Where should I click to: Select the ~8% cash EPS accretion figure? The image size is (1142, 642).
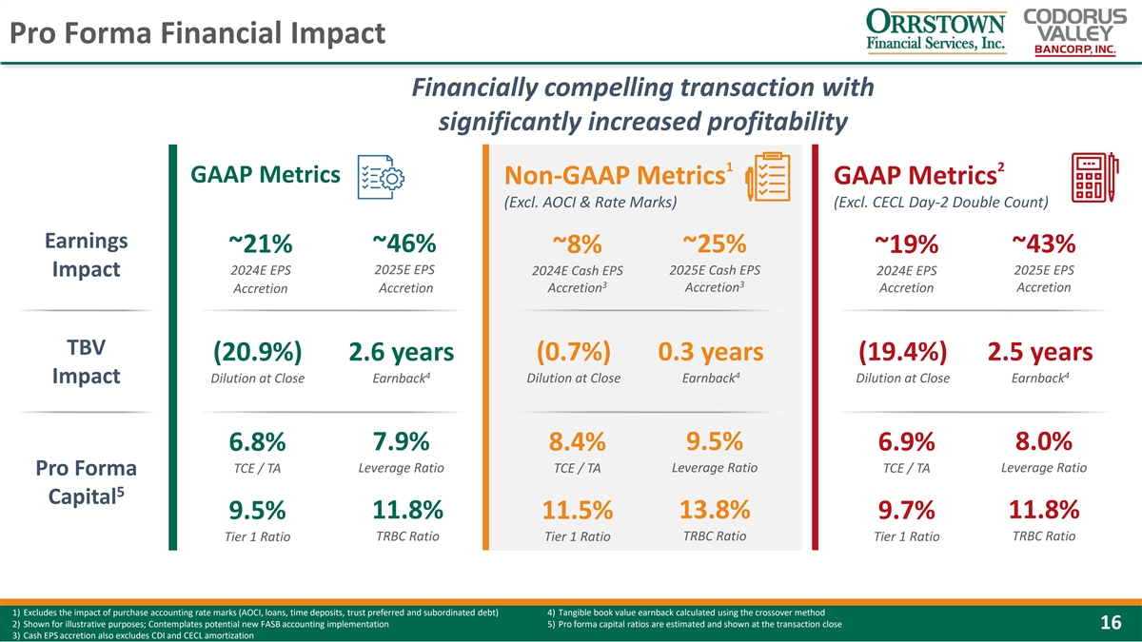click(578, 244)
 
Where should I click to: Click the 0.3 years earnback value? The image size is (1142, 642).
click(710, 352)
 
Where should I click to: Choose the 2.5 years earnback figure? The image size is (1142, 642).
click(1040, 352)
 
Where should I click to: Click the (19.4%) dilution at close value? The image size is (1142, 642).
click(901, 352)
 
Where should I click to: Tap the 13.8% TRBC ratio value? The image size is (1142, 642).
click(715, 510)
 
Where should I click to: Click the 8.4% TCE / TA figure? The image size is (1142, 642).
click(578, 443)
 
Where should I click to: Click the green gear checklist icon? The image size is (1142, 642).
click(381, 177)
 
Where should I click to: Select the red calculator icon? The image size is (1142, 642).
click(1094, 176)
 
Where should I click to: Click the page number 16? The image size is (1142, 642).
click(1111, 623)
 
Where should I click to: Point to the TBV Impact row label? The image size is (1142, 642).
click(85, 360)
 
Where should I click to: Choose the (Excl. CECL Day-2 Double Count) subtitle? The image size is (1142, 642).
click(940, 202)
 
